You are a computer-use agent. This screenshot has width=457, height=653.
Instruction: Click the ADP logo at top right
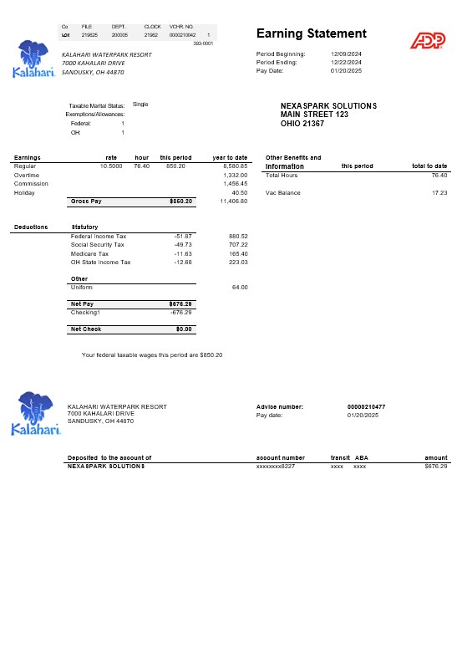(x=427, y=40)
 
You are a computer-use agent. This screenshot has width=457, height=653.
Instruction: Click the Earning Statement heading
(x=311, y=33)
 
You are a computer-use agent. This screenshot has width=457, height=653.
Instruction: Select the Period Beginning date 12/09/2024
(x=345, y=54)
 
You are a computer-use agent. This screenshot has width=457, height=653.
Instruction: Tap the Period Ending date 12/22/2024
(x=345, y=62)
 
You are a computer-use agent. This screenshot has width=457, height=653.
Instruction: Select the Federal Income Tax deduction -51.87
(x=183, y=236)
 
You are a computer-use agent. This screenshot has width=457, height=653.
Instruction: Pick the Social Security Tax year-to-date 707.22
(x=237, y=245)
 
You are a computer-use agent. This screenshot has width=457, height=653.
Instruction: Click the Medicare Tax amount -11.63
(x=183, y=253)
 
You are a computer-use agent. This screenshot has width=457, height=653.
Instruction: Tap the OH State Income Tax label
(x=101, y=262)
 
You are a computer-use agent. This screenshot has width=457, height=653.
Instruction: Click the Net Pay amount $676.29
(x=181, y=304)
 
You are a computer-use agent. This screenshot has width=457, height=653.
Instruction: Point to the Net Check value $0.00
(x=184, y=329)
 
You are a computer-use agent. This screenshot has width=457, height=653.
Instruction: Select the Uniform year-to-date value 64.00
(x=239, y=287)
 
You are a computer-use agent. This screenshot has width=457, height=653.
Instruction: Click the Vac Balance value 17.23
(x=439, y=192)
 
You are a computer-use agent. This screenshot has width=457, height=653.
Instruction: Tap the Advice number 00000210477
(x=366, y=406)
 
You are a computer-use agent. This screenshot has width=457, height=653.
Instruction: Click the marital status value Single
(x=140, y=105)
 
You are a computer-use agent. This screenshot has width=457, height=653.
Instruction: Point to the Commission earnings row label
(x=32, y=184)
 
